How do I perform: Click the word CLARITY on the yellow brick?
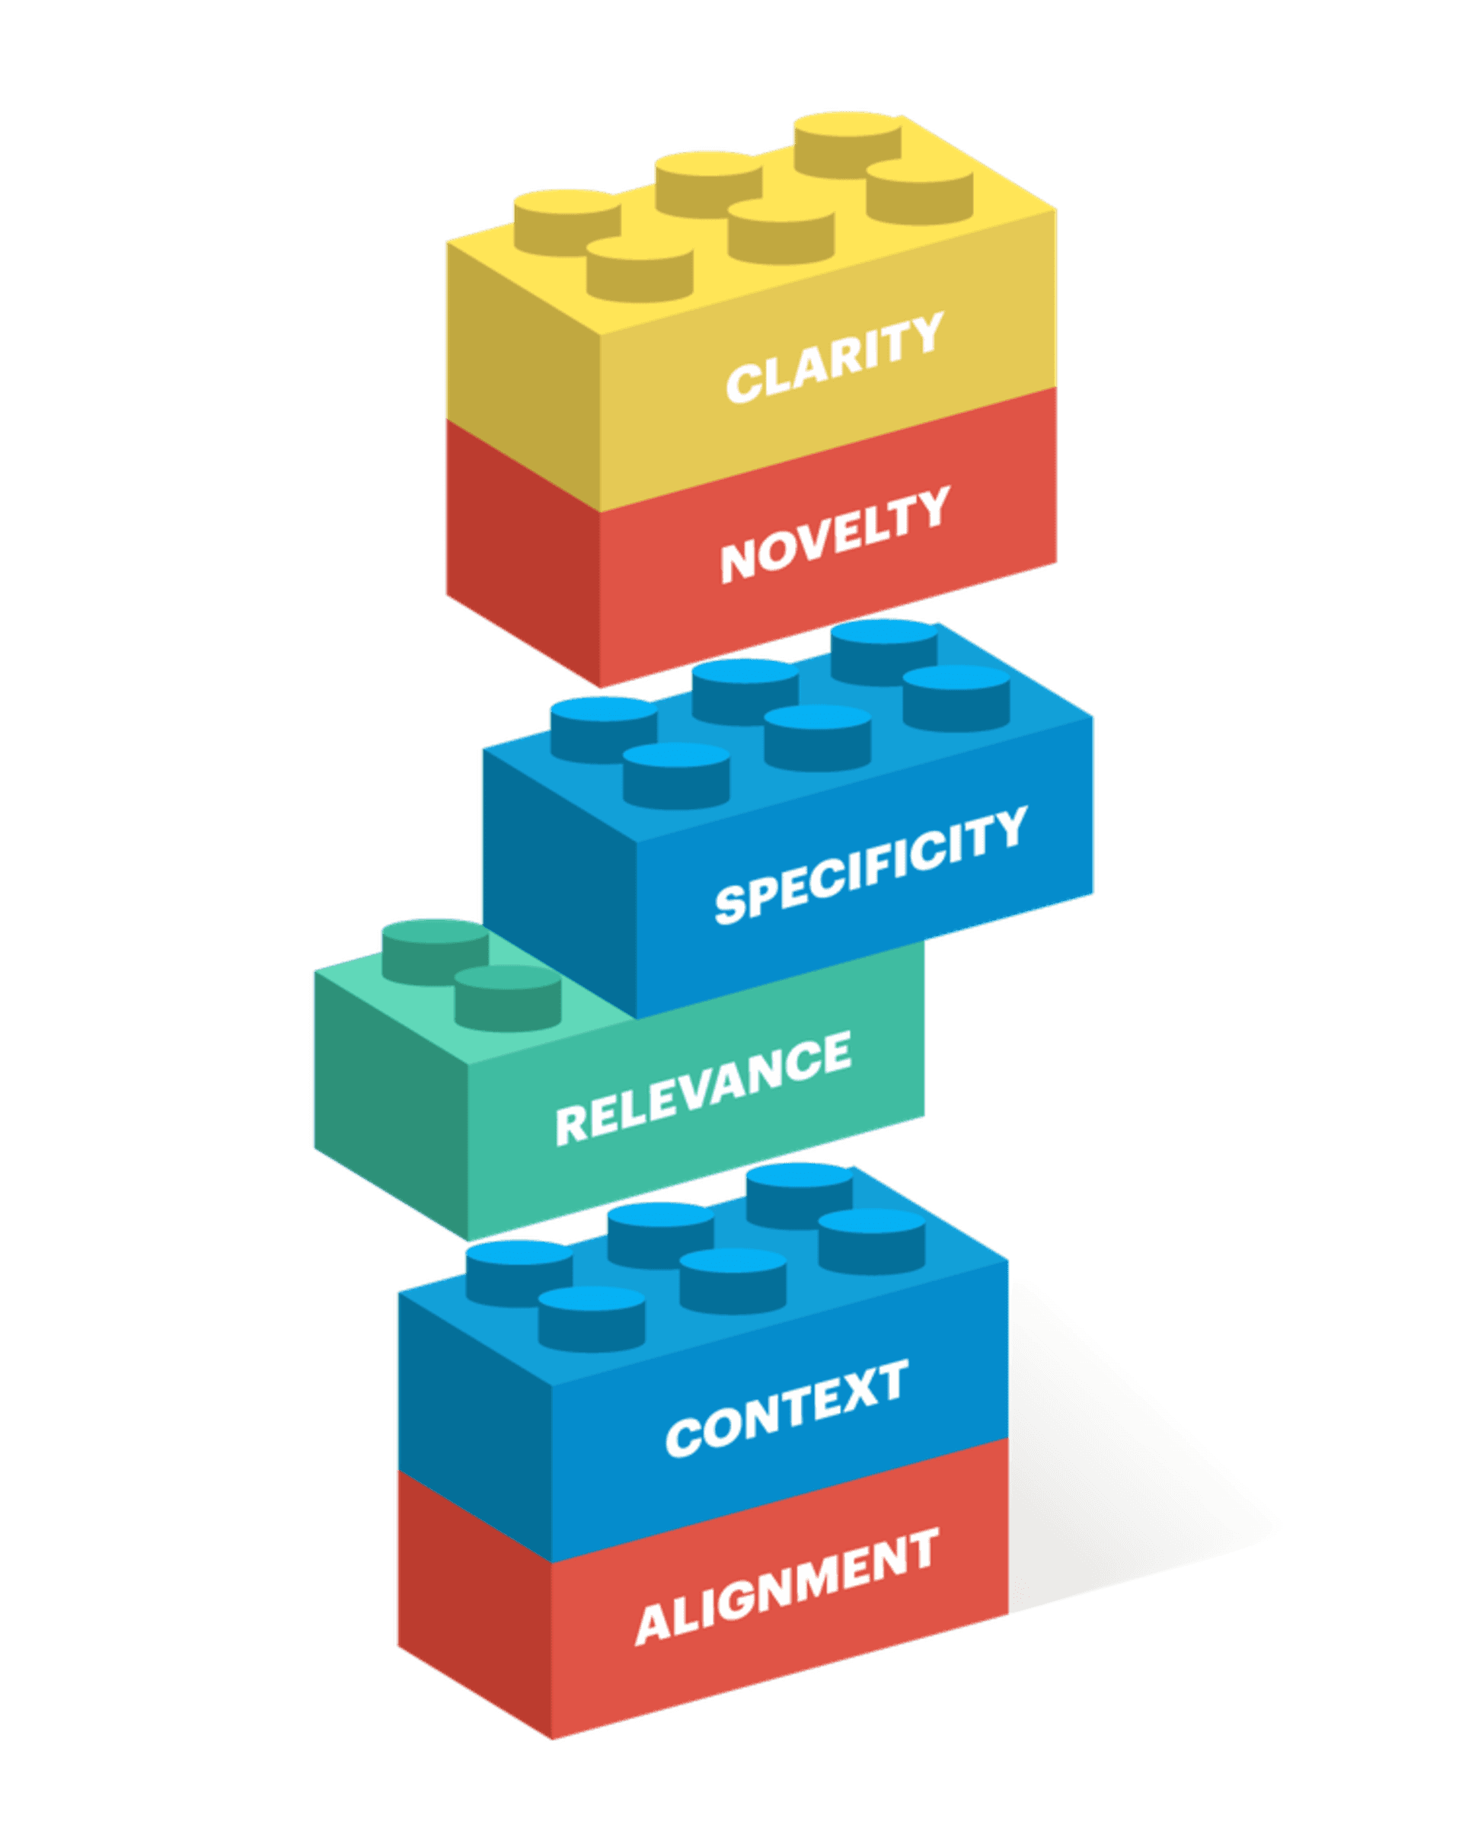[x=835, y=357]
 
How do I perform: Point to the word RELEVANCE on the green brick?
[x=704, y=1088]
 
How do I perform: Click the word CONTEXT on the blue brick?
[x=787, y=1408]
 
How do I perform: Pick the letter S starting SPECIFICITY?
[x=729, y=904]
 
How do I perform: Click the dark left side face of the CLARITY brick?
[x=522, y=373]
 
